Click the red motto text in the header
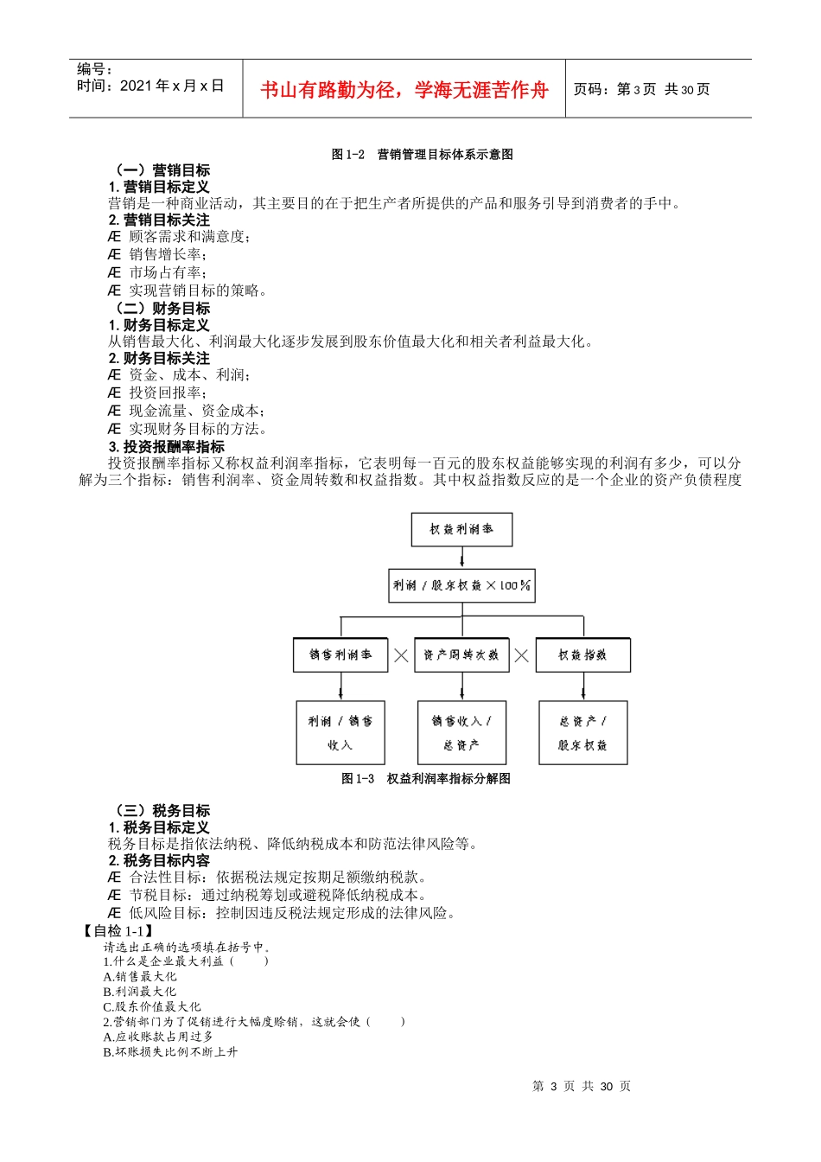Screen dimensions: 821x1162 pyautogui.click(x=404, y=90)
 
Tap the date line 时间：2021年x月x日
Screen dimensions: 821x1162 pyautogui.click(x=150, y=86)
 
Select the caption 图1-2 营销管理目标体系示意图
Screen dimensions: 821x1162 pyautogui.click(x=422, y=155)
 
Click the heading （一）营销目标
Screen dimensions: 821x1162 pyautogui.click(x=160, y=170)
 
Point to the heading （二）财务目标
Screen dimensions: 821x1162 pyautogui.click(x=160, y=309)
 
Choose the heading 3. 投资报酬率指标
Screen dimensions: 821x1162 pyautogui.click(x=167, y=446)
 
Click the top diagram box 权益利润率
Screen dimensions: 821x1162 pyautogui.click(x=461, y=529)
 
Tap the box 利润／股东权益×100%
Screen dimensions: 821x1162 pyautogui.click(x=461, y=585)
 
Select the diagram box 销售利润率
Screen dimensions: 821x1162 pyautogui.click(x=340, y=654)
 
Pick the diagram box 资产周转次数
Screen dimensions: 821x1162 pyautogui.click(x=461, y=654)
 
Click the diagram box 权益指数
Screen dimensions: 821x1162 pyautogui.click(x=582, y=654)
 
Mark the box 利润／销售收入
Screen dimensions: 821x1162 pyautogui.click(x=340, y=732)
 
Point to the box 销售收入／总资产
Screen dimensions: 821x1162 pyautogui.click(x=461, y=732)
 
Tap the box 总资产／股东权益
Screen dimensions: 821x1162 pyautogui.click(x=582, y=732)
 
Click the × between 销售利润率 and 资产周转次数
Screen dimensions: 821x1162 pyautogui.click(x=401, y=655)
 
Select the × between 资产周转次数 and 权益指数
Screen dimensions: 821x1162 pyautogui.click(x=521, y=655)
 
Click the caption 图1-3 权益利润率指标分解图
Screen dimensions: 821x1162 pyautogui.click(x=426, y=779)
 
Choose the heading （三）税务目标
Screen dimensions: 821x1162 pyautogui.click(x=160, y=810)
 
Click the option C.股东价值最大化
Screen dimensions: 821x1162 pyautogui.click(x=152, y=1006)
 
